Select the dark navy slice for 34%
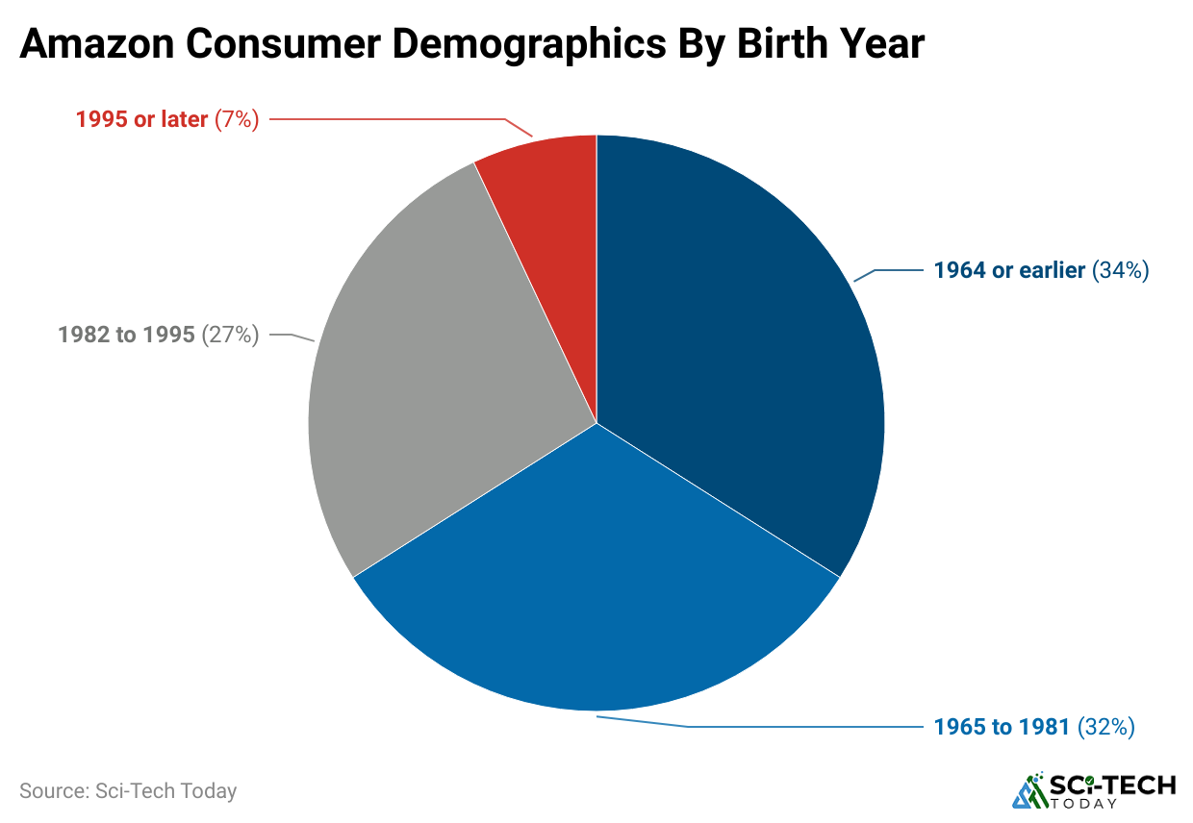tap(731, 346)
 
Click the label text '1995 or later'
tap(141, 120)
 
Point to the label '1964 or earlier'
tap(1009, 271)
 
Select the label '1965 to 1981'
tap(1002, 727)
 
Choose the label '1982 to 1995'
tap(126, 336)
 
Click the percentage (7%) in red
tap(237, 120)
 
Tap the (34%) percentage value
tap(1121, 271)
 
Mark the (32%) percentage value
tap(1106, 727)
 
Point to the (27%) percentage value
tap(230, 336)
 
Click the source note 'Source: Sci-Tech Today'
tap(128, 791)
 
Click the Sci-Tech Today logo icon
tap(1031, 789)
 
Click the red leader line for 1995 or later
tap(385, 119)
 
